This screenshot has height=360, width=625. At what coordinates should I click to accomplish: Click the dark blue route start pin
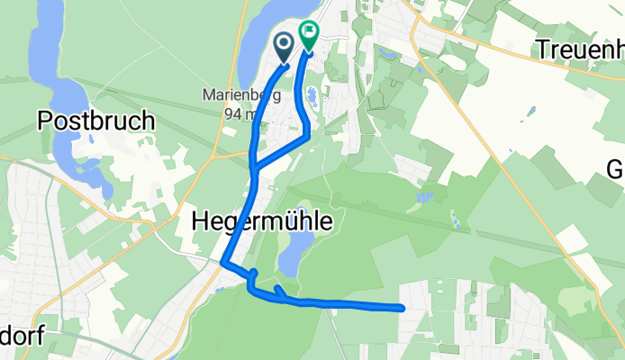(283, 46)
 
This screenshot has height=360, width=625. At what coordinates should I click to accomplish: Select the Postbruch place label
(96, 121)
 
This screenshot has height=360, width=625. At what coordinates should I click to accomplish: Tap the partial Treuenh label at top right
(580, 49)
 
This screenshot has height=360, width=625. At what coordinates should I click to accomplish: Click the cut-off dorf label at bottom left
(22, 336)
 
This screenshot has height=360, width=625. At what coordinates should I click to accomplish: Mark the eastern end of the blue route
(400, 309)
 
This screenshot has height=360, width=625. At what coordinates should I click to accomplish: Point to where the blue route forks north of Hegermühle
(255, 167)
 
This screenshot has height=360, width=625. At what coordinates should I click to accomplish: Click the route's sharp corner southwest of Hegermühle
(223, 263)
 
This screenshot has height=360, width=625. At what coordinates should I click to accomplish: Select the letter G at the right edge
(616, 169)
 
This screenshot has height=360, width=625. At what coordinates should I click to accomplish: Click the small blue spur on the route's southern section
(279, 291)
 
